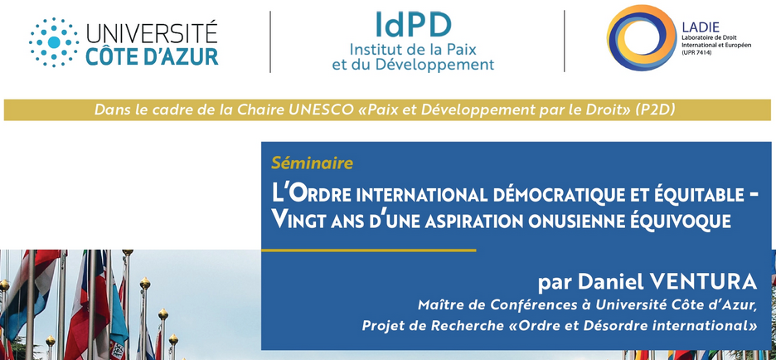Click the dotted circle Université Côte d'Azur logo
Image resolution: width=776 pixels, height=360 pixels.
(53, 42)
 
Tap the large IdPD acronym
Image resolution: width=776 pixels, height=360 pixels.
(413, 24)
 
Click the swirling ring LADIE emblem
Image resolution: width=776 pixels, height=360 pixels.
(642, 37)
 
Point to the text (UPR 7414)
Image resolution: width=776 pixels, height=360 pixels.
(696, 52)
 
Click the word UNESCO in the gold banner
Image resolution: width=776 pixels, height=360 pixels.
(307, 109)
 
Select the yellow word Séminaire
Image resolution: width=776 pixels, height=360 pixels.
(313, 163)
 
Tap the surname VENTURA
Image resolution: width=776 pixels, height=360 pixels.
(704, 282)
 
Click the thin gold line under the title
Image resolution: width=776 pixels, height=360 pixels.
(369, 251)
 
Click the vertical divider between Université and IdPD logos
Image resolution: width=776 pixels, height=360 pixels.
(270, 41)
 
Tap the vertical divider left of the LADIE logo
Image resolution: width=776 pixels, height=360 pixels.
(565, 41)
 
